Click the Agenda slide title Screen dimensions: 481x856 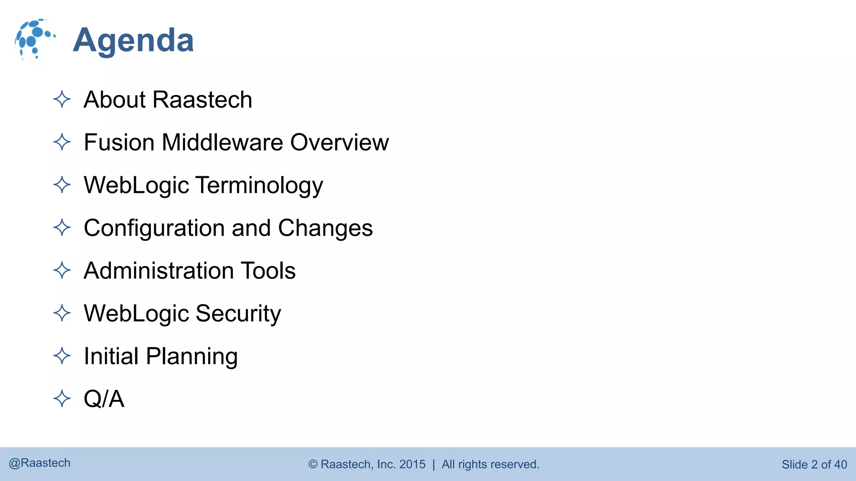(133, 41)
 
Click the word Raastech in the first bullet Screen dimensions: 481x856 (202, 100)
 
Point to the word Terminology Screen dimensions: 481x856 (259, 185)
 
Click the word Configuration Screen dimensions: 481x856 (154, 228)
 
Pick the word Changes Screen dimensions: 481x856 (325, 228)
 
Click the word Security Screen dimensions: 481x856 (238, 314)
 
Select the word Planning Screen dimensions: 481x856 (192, 357)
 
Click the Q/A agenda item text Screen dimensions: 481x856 (104, 399)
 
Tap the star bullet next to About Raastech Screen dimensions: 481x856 (62, 100)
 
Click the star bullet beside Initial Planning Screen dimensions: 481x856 (62, 356)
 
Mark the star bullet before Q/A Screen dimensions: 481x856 (62, 399)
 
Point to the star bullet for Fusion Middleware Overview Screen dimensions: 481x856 (62, 142)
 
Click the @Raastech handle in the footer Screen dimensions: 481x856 (40, 463)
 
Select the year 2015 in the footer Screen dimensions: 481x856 (412, 464)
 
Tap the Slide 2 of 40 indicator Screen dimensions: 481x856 (814, 464)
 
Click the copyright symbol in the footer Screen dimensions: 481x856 (313, 464)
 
